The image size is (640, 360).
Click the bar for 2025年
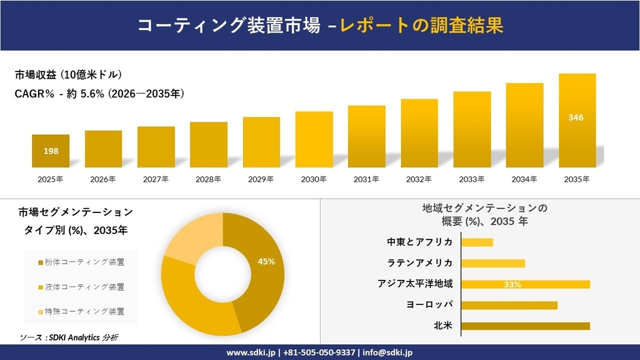point(50,151)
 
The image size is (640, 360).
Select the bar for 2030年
point(314,140)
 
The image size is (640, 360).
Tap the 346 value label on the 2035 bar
point(576,118)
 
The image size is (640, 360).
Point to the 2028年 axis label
point(208,180)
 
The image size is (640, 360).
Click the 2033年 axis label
point(472,180)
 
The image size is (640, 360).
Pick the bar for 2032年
point(419,133)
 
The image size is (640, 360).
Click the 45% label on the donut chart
point(266,261)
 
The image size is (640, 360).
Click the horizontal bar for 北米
point(525,326)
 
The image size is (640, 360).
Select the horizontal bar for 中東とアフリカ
point(477,242)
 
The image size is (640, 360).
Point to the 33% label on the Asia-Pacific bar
point(513,284)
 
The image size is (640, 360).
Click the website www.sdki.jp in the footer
point(250,353)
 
